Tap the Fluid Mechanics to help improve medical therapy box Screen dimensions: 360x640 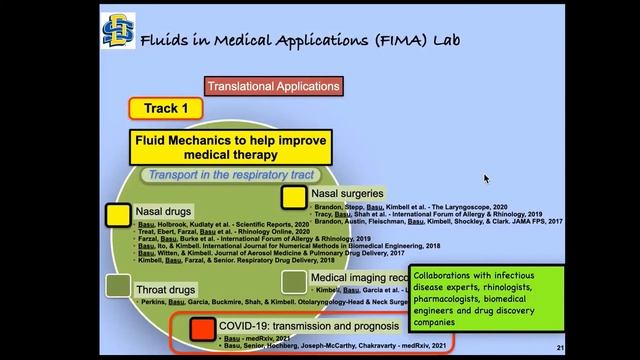[x=231, y=148]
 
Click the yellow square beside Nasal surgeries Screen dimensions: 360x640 [x=293, y=196]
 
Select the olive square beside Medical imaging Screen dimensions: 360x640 [x=293, y=281]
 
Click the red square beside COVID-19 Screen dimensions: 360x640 [x=203, y=327]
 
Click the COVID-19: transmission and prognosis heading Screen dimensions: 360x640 [x=309, y=326]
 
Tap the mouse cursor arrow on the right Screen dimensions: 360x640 [x=486, y=178]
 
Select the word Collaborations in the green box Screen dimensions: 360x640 [x=449, y=276]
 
